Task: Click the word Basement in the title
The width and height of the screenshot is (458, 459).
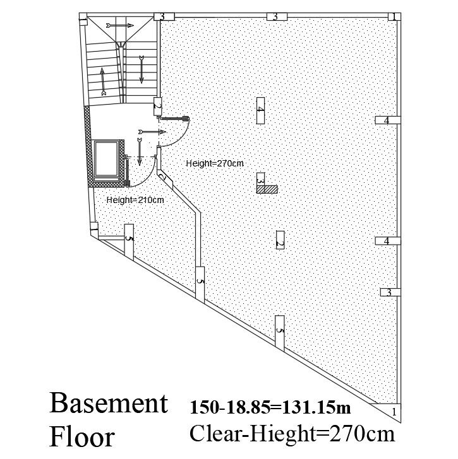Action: coord(109,404)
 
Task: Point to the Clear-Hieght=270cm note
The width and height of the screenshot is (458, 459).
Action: coord(292,434)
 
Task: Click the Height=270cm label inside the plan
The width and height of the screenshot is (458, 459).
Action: coord(215,163)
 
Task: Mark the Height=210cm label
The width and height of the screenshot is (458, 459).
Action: coord(135,200)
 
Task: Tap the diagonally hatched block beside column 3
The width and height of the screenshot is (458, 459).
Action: coord(271,188)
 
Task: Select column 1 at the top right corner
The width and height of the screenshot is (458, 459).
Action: coord(393,16)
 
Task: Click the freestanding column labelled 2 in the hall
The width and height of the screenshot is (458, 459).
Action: coord(280,240)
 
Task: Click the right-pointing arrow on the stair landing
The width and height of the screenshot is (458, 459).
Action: coord(120,25)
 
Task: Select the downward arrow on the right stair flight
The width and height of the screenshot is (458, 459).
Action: coord(141,69)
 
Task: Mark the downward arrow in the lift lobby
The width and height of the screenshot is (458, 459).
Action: coord(140,151)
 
